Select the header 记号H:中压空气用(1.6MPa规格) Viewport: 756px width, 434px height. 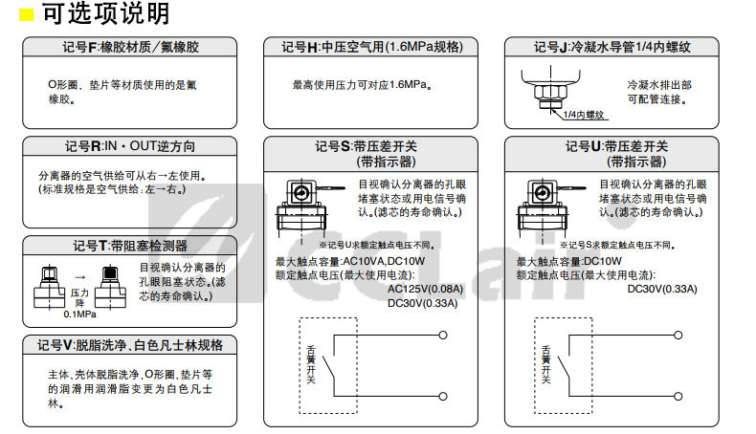click(x=370, y=47)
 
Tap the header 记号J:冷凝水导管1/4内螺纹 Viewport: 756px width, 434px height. click(x=611, y=47)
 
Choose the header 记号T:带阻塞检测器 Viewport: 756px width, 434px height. click(x=129, y=246)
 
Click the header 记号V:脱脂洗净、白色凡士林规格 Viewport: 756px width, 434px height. click(x=129, y=345)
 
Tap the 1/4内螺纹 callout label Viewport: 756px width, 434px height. click(x=584, y=116)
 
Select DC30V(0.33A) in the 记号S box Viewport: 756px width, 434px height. click(x=422, y=303)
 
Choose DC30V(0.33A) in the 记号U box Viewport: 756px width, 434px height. click(x=662, y=289)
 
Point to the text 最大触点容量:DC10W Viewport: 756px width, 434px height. click(x=569, y=261)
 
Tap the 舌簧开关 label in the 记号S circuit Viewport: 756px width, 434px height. click(x=309, y=364)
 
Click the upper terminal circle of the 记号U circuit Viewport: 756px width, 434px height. click(x=681, y=335)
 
